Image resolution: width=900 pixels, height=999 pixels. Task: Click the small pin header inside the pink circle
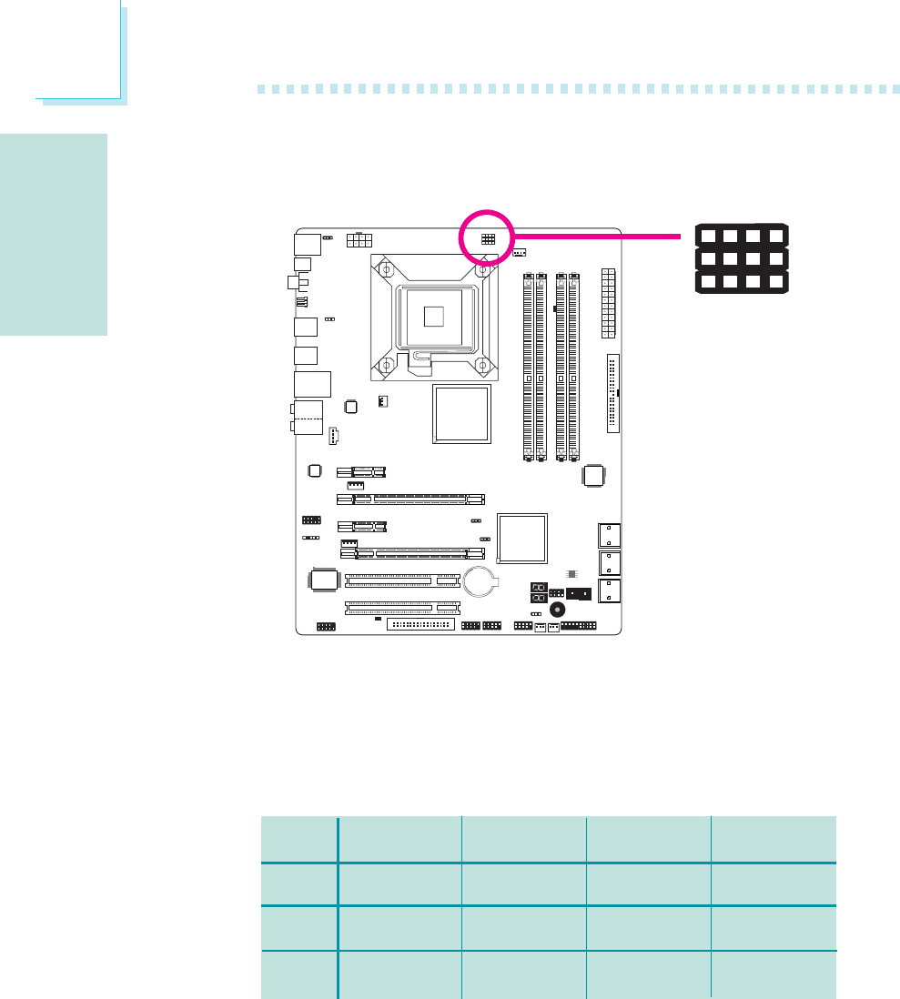click(x=488, y=239)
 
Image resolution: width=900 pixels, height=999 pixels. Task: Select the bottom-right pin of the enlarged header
click(x=775, y=281)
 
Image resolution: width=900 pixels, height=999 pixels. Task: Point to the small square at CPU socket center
click(x=434, y=316)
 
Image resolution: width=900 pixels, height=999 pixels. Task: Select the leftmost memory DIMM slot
click(x=528, y=365)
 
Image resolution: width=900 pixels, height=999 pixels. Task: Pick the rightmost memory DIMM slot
click(x=573, y=365)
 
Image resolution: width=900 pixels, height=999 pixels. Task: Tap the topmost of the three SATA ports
click(x=609, y=536)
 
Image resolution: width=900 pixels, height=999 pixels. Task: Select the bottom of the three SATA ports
click(x=609, y=590)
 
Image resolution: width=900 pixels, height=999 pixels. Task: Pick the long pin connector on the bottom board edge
click(x=420, y=625)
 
